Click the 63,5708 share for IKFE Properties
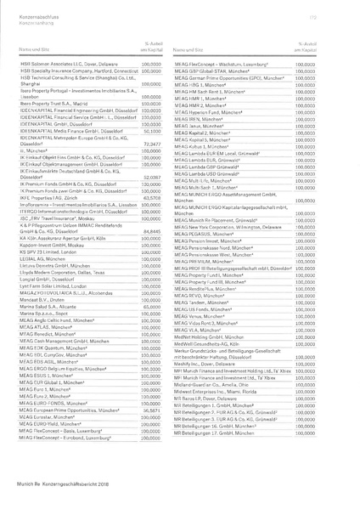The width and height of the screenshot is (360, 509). tap(149, 196)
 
